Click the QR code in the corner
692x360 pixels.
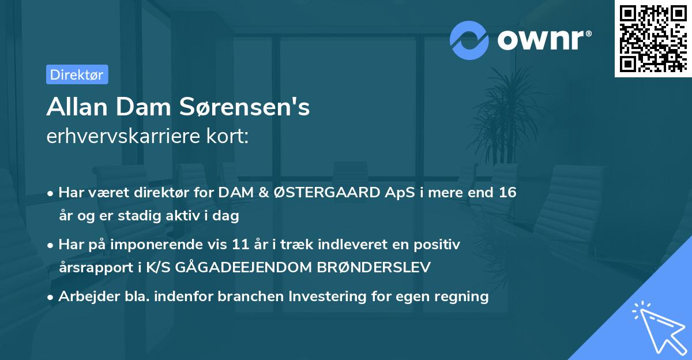(x=653, y=39)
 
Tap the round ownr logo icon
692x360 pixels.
(x=469, y=40)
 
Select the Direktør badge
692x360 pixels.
(x=77, y=74)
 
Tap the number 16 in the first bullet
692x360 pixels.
(x=507, y=193)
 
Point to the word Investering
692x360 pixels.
(x=332, y=297)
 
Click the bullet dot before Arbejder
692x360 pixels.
(x=51, y=297)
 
